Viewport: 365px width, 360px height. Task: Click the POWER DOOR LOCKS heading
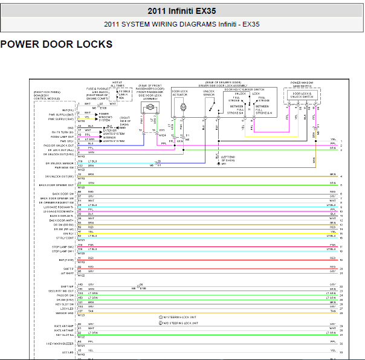(x=56, y=44)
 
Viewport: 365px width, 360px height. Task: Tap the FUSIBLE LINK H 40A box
(x=124, y=94)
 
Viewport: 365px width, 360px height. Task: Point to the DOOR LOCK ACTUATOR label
(x=179, y=94)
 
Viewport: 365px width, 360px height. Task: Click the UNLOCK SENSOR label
(x=208, y=93)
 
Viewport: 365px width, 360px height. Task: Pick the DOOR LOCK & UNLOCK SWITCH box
(x=302, y=95)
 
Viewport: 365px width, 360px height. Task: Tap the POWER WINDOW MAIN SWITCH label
(x=302, y=84)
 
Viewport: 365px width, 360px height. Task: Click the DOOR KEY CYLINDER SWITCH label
(x=248, y=89)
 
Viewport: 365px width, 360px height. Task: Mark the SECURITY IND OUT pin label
(x=63, y=291)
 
